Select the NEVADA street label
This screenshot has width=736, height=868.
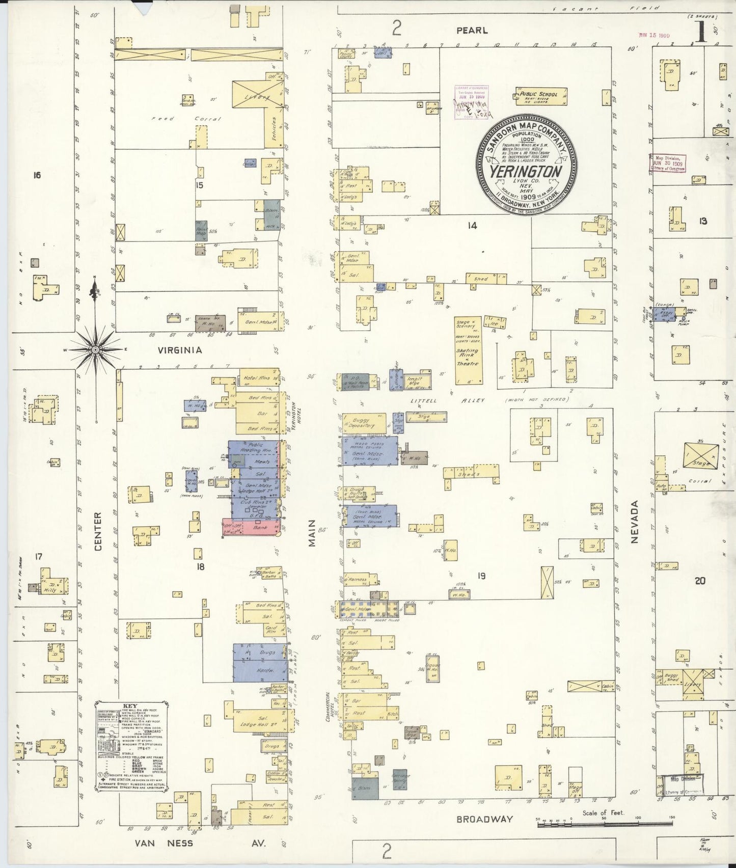635,522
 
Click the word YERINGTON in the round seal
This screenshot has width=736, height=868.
526,171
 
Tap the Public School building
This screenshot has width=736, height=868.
539,96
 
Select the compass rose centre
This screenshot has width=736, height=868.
95,350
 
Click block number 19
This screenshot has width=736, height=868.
481,576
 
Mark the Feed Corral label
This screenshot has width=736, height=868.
186,119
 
